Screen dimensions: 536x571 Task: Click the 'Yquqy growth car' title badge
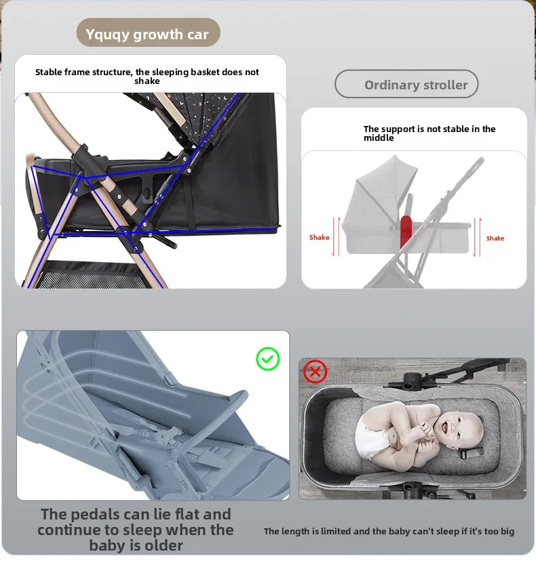click(x=148, y=33)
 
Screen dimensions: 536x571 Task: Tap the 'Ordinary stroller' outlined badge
click(x=406, y=84)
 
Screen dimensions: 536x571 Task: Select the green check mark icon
click(x=268, y=359)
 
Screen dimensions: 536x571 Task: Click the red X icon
click(x=315, y=371)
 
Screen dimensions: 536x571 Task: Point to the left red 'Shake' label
click(x=320, y=238)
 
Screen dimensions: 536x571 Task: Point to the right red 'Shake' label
click(x=495, y=238)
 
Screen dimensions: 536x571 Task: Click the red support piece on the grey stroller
click(x=406, y=231)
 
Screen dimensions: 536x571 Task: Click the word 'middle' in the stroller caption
click(x=379, y=138)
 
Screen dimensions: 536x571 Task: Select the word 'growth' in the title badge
click(x=158, y=35)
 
